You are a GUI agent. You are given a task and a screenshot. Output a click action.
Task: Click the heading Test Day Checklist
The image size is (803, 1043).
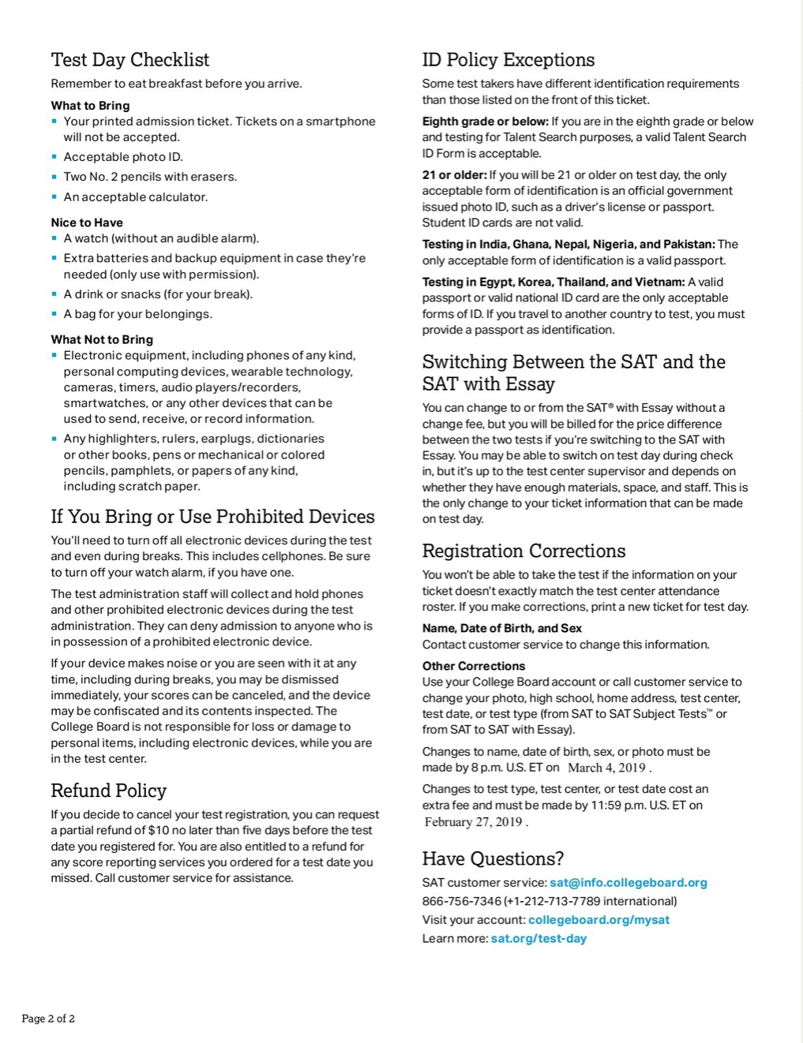130,60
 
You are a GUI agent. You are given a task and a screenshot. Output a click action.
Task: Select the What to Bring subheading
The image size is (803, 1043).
90,106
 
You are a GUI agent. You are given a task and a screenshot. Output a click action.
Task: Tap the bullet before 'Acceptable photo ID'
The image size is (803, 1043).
54,157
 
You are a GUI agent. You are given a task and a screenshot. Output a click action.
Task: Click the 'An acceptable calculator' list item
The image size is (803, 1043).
135,197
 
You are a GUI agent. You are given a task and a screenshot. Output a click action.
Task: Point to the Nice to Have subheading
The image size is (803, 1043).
87,222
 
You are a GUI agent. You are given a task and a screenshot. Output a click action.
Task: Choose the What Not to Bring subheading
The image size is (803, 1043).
102,339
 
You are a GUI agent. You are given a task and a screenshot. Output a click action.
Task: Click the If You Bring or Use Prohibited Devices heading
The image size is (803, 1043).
212,517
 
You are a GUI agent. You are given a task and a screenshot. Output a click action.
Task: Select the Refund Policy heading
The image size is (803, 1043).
108,791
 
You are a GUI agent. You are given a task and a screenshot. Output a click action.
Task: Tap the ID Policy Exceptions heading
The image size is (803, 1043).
508,60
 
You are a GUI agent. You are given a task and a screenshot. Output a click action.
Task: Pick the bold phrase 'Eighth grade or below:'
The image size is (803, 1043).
485,121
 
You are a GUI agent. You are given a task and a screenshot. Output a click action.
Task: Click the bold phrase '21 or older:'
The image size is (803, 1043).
454,175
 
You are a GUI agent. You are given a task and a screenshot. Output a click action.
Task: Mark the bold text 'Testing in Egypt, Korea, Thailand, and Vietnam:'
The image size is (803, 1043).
553,282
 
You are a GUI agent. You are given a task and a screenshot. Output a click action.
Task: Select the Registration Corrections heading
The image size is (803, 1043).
523,551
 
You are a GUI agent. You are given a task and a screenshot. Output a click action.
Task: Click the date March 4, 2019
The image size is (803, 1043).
606,768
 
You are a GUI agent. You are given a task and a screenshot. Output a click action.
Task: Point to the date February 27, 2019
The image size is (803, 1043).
473,822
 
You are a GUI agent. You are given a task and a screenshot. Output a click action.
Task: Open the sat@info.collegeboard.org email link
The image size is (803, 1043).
628,883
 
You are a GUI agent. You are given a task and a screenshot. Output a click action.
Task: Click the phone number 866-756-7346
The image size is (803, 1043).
461,901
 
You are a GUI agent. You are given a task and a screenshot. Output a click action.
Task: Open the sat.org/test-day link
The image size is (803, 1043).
538,939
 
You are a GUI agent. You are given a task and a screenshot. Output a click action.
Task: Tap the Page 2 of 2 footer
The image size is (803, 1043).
48,1019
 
